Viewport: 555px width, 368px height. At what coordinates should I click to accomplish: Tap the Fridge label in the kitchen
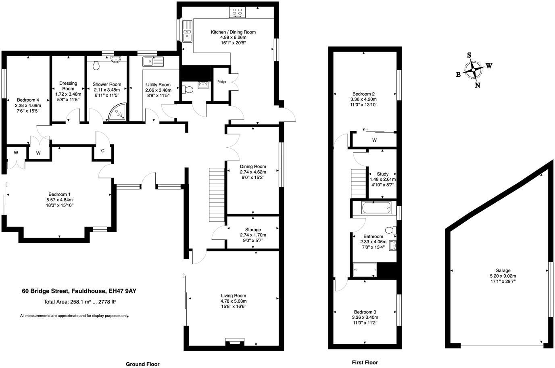click(222, 82)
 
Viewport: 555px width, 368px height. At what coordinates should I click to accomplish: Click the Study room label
click(382, 174)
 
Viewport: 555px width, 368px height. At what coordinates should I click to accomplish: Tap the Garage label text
click(503, 271)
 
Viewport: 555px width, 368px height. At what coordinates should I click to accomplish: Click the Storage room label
click(253, 230)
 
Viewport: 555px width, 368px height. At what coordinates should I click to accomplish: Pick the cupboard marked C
click(103, 151)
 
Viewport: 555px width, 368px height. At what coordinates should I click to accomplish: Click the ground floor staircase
click(216, 194)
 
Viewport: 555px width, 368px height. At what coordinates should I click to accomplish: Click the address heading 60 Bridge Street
click(82, 291)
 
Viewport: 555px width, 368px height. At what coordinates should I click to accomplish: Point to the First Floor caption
click(365, 362)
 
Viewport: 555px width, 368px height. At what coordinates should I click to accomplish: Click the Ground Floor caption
click(143, 364)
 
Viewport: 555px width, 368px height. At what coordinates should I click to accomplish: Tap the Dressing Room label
click(68, 86)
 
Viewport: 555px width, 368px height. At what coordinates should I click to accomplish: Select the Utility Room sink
click(153, 62)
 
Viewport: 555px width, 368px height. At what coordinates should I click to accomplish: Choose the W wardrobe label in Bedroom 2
click(374, 140)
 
